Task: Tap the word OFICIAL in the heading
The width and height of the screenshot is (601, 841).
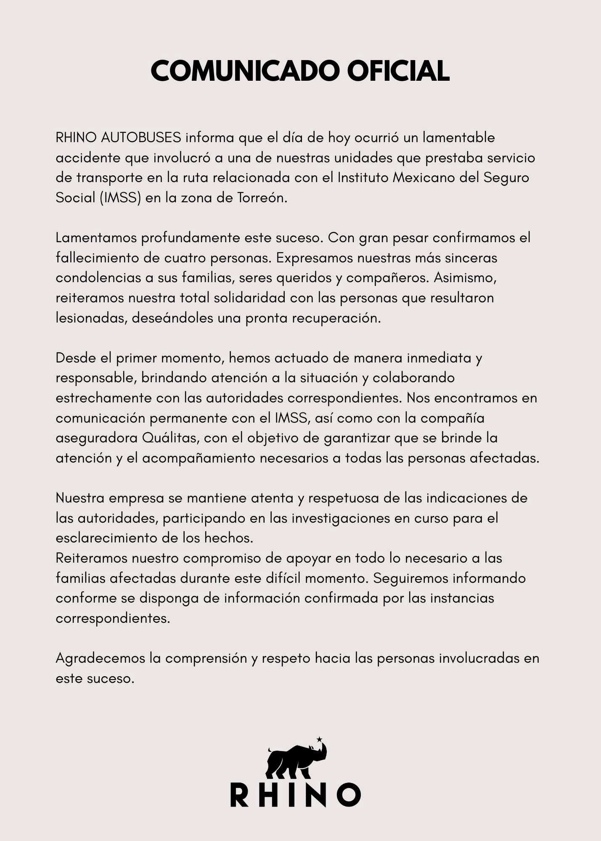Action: pyautogui.click(x=398, y=71)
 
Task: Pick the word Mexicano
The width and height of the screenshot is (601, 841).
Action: pyautogui.click(x=424, y=177)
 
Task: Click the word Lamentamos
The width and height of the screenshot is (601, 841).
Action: pyautogui.click(x=96, y=238)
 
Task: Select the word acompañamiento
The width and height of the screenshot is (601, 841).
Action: pyautogui.click(x=199, y=458)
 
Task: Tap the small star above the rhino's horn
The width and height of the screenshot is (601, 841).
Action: pyautogui.click(x=319, y=739)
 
